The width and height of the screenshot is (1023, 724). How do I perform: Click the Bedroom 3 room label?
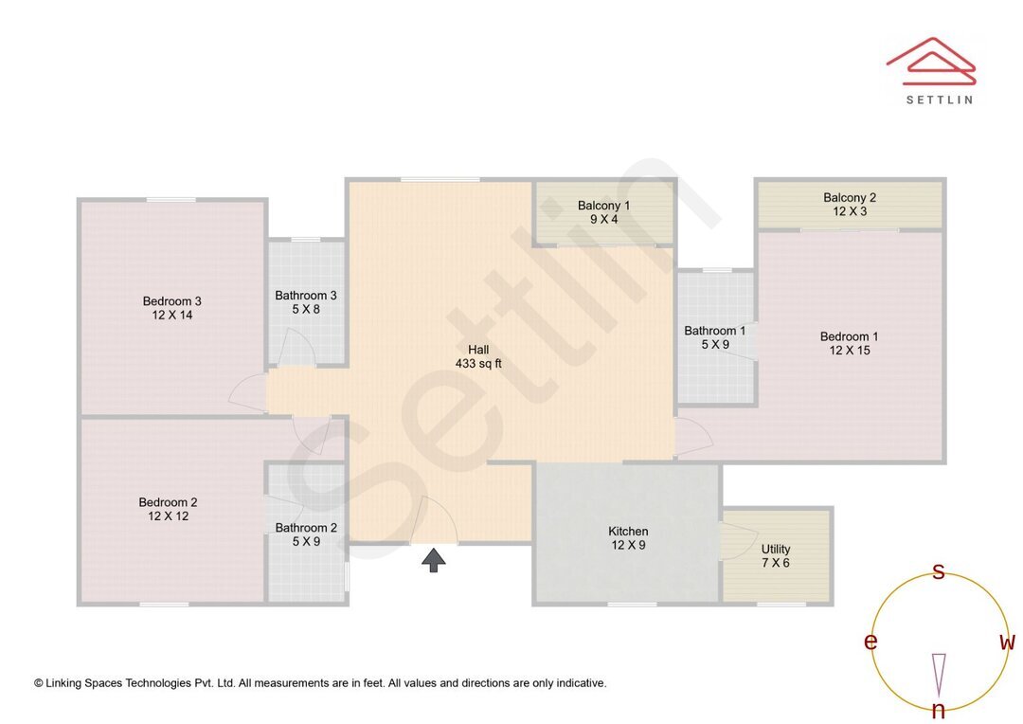tap(172, 308)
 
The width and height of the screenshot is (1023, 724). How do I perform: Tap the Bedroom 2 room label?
tap(169, 509)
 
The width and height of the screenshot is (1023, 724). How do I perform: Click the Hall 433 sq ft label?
tap(478, 356)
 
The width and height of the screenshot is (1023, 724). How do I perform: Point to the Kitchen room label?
tap(628, 538)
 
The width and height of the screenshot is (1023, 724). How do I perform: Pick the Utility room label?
tap(776, 556)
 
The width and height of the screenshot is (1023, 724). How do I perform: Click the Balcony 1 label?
tap(603, 212)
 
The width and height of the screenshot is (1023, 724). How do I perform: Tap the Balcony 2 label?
tap(850, 204)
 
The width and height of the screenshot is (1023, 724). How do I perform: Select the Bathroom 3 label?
tap(306, 302)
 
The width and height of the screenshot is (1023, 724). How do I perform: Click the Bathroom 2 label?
tap(306, 534)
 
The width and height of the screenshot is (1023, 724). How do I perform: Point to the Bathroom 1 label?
tap(715, 337)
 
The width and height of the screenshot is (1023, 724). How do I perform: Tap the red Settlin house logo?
tap(931, 60)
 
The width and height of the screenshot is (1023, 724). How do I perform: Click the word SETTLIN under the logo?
tap(939, 99)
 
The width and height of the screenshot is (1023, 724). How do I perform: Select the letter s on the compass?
tap(939, 571)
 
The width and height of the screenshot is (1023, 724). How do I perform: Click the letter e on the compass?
tap(870, 643)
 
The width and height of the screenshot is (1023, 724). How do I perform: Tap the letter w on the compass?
tap(1008, 643)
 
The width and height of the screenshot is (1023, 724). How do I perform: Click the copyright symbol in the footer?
tap(39, 683)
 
